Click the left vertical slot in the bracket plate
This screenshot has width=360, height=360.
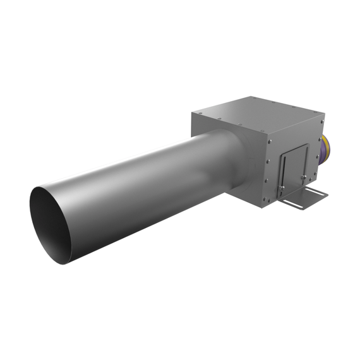pyautogui.click(x=284, y=169)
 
